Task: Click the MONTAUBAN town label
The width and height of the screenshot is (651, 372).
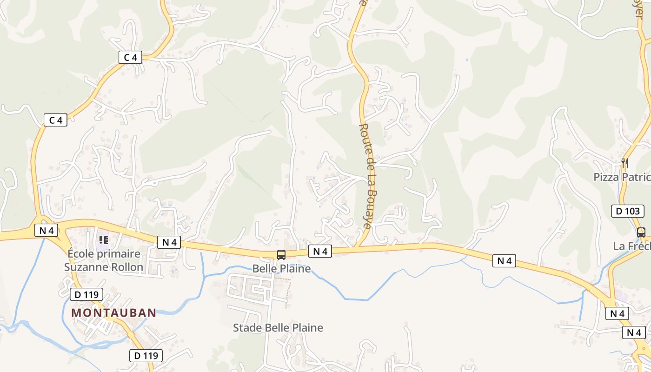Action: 113,312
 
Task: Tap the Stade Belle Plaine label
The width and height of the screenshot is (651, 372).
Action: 278,328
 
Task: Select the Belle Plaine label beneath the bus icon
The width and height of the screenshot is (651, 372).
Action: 281,268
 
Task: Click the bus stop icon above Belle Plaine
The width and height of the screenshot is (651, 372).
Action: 281,254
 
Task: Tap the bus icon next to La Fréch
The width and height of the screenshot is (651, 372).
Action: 641,232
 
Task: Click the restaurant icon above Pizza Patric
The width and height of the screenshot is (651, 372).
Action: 625,163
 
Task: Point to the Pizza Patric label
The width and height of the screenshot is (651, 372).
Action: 622,177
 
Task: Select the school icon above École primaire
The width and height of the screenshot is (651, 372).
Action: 104,240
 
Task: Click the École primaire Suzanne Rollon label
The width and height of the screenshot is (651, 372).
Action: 104,260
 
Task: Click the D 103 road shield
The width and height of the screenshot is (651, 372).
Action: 627,211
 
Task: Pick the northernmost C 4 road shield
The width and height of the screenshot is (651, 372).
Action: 130,58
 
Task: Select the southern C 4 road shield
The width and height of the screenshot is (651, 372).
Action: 55,120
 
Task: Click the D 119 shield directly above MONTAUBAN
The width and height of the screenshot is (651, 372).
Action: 86,294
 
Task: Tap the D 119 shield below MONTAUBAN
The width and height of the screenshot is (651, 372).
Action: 146,356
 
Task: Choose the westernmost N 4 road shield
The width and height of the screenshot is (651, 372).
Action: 46,230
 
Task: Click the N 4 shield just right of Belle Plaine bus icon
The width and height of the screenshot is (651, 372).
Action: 320,252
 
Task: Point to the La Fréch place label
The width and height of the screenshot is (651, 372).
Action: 631,246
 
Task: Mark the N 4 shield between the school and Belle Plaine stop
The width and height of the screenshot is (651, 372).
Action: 169,242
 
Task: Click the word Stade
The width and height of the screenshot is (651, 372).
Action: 247,328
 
